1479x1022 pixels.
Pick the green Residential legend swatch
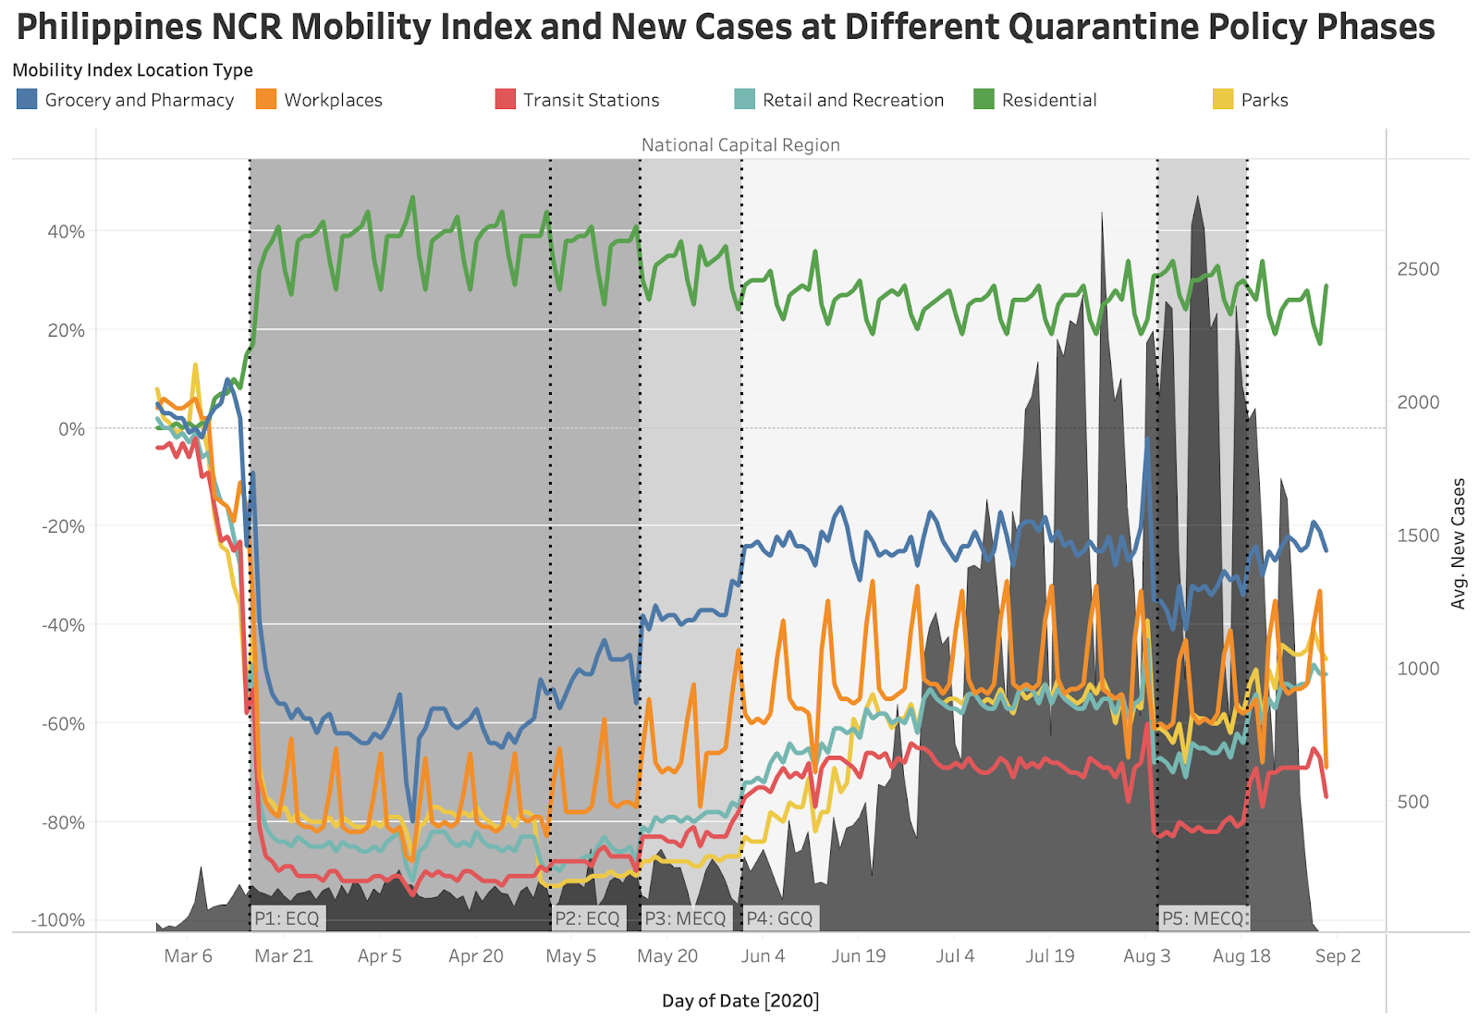tap(984, 99)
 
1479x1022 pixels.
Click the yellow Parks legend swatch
tap(1222, 99)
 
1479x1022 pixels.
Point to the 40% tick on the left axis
tap(67, 231)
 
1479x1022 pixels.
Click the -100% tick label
tap(58, 919)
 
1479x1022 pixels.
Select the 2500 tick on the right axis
tap(1418, 269)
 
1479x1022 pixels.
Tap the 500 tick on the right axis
tap(1413, 802)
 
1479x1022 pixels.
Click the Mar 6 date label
tap(188, 955)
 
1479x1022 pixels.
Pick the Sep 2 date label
tap(1338, 955)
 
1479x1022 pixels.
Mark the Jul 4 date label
tap(955, 955)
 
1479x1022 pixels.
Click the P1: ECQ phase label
tap(287, 918)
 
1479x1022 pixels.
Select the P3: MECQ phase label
tap(685, 918)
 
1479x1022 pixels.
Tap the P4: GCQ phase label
tap(779, 918)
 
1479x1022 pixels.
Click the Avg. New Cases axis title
tap(1459, 544)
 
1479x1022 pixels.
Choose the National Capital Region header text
tap(740, 145)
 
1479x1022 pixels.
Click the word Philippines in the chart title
tap(109, 28)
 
